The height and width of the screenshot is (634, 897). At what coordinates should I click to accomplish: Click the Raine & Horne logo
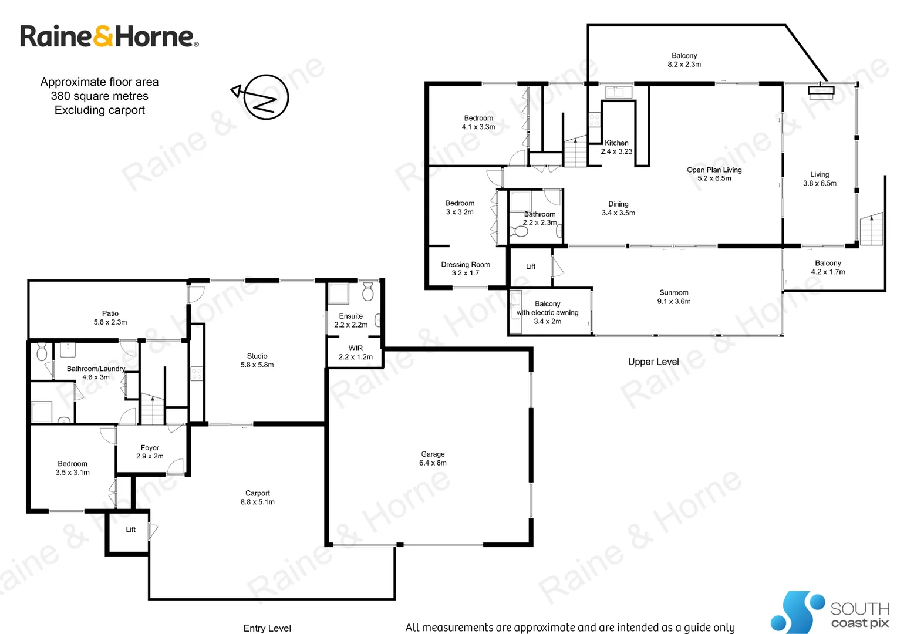pyautogui.click(x=109, y=36)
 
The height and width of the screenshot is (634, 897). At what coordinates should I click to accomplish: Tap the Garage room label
pyautogui.click(x=433, y=458)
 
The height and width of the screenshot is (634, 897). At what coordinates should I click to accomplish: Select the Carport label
pyautogui.click(x=257, y=497)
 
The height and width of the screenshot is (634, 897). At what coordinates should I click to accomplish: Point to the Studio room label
pyautogui.click(x=257, y=360)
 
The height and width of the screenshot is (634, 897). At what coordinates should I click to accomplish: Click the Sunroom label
pyautogui.click(x=673, y=296)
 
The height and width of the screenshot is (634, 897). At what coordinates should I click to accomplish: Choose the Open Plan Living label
pyautogui.click(x=714, y=174)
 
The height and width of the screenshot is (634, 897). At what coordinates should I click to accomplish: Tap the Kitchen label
pyautogui.click(x=616, y=147)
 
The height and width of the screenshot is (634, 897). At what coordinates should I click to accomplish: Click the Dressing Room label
pyautogui.click(x=466, y=268)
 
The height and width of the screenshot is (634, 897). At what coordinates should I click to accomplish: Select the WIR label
pyautogui.click(x=355, y=352)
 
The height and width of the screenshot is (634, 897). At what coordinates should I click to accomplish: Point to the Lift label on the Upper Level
pyautogui.click(x=531, y=267)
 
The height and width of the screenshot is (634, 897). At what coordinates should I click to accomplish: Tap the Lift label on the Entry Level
pyautogui.click(x=131, y=530)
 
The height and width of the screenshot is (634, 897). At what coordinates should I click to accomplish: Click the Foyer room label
pyautogui.click(x=150, y=451)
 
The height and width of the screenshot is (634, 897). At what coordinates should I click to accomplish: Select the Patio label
pyautogui.click(x=110, y=318)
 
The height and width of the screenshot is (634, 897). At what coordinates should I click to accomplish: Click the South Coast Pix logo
pyautogui.click(x=830, y=612)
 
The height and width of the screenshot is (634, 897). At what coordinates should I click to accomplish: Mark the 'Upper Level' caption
pyautogui.click(x=653, y=362)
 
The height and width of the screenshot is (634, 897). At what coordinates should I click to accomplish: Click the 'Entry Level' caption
pyautogui.click(x=267, y=628)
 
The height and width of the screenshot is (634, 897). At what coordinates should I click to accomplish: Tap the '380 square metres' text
pyautogui.click(x=100, y=96)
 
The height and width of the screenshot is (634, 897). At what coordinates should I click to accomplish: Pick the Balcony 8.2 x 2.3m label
pyautogui.click(x=684, y=60)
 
